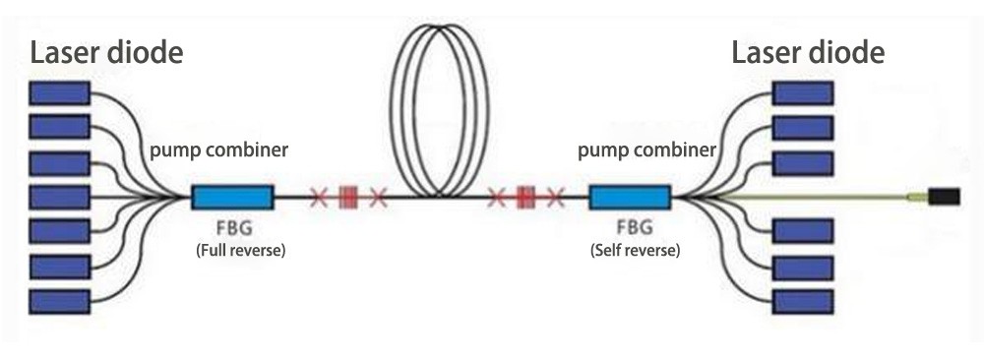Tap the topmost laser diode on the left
60,93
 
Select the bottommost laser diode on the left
60,300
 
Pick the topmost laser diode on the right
803,93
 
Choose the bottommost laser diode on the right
803,300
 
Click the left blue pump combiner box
231,198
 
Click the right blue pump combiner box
630,198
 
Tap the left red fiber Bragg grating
347,198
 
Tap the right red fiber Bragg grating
525,198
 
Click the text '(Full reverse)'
241,251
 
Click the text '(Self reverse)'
635,251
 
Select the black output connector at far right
945,198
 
